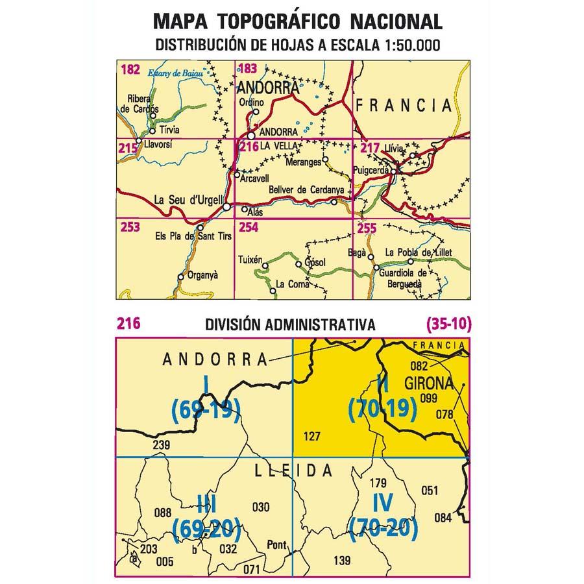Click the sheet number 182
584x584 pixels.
(130, 69)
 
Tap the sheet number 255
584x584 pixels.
(367, 227)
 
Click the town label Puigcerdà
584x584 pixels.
(371, 171)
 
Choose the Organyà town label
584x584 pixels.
(201, 275)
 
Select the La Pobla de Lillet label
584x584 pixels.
(418, 252)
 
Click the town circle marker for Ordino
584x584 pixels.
(256, 112)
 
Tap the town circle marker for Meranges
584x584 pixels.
(326, 159)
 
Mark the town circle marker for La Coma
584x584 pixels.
(273, 291)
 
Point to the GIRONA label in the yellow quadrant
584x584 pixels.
(428, 383)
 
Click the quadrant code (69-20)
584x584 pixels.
(207, 529)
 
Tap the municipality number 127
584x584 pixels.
(312, 437)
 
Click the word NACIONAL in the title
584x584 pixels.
(396, 21)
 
